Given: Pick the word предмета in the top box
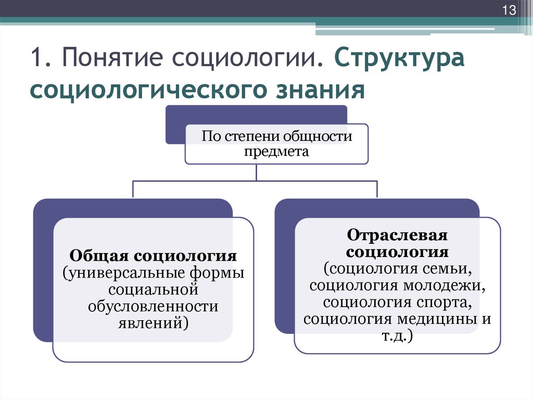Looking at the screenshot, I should (277, 151).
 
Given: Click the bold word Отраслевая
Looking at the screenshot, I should (398, 235).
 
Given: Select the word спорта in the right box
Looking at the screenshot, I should (446, 302).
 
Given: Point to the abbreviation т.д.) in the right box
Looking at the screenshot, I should (397, 335).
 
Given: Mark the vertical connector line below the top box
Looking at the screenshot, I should (256, 173).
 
